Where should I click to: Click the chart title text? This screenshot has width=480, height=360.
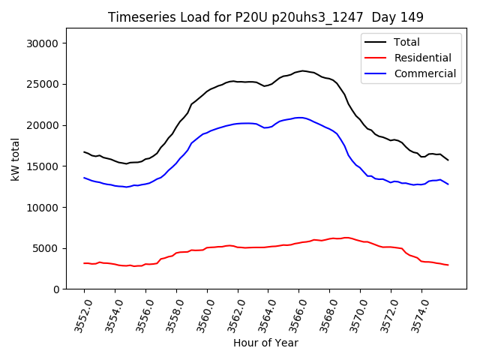click(x=265, y=17)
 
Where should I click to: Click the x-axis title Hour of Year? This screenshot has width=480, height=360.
click(x=265, y=343)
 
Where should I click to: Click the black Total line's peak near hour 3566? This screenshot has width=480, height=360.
click(x=302, y=70)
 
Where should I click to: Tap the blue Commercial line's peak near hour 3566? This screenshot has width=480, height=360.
click(x=300, y=118)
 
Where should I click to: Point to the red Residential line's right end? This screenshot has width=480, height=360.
click(x=448, y=265)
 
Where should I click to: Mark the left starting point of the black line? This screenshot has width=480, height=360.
click(x=84, y=151)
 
